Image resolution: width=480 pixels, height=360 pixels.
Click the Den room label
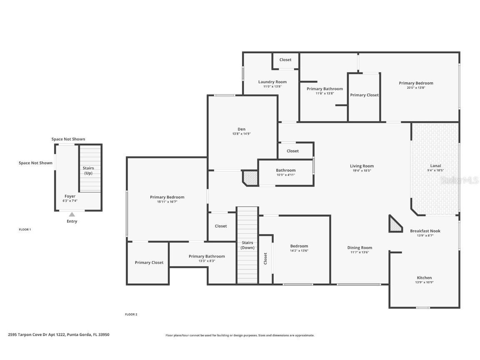pyautogui.click(x=241, y=129)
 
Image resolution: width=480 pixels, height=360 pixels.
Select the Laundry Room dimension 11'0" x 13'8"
pyautogui.click(x=272, y=87)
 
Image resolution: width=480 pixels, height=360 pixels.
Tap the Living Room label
pyautogui.click(x=362, y=166)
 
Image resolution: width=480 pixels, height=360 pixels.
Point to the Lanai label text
pyautogui.click(x=435, y=166)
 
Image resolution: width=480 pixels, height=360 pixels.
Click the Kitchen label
pyautogui.click(x=424, y=277)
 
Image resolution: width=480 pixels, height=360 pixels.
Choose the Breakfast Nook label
pyautogui.click(x=425, y=231)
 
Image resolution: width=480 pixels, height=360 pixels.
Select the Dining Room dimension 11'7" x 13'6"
pyautogui.click(x=360, y=252)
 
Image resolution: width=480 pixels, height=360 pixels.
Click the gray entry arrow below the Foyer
pyautogui.click(x=72, y=215)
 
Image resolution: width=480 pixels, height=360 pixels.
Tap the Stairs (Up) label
pyautogui.click(x=88, y=170)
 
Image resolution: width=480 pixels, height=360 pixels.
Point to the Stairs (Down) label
pyautogui.click(x=247, y=245)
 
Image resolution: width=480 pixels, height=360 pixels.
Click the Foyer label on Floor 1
pyautogui.click(x=70, y=196)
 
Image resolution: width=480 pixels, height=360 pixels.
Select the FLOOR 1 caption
pyautogui.click(x=25, y=230)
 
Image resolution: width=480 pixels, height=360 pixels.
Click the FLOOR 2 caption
pyautogui.click(x=131, y=314)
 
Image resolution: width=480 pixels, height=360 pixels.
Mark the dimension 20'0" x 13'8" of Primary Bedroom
pyautogui.click(x=416, y=87)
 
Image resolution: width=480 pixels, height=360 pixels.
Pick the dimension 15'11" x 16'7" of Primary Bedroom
pyautogui.click(x=167, y=202)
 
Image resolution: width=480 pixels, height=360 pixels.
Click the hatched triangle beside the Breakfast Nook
pyautogui.click(x=394, y=225)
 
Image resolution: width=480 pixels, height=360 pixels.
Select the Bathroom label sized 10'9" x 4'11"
pyautogui.click(x=285, y=170)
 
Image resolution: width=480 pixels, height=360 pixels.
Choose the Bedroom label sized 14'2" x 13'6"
pyautogui.click(x=299, y=246)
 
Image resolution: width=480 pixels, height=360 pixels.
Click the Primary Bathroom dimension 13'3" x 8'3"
pyautogui.click(x=207, y=261)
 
